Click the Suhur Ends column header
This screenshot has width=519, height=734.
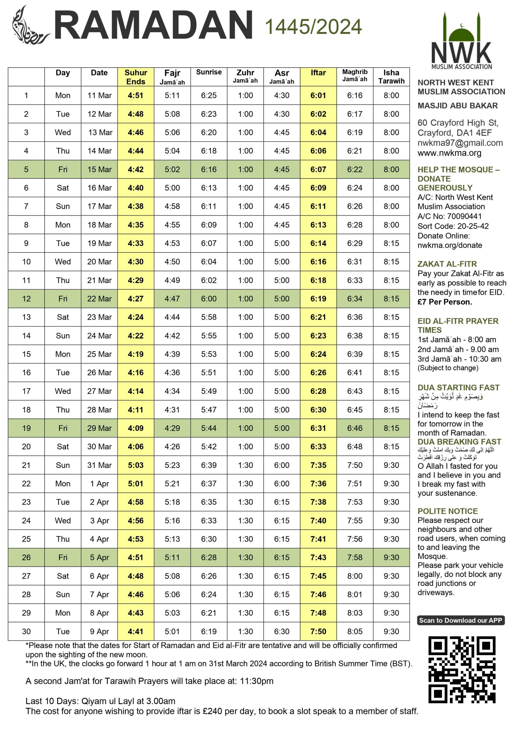[136, 77]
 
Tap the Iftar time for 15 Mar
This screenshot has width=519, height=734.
[318, 169]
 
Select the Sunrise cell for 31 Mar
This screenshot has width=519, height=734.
[209, 465]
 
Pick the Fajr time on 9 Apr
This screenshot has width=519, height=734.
[172, 631]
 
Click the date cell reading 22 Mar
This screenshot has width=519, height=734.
[99, 298]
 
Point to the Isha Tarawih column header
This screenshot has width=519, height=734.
[391, 77]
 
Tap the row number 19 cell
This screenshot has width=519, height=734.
[26, 428]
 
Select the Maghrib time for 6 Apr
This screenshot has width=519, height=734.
[355, 576]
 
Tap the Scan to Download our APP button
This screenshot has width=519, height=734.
[460, 620]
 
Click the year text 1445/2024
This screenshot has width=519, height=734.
[313, 27]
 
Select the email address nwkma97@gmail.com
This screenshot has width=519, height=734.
[460, 143]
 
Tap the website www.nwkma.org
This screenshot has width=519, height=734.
[449, 153]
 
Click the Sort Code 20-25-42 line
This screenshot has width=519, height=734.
[453, 226]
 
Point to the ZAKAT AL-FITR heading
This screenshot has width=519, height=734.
[447, 264]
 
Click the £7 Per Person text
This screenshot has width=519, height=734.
[444, 302]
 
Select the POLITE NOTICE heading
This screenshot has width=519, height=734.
[447, 511]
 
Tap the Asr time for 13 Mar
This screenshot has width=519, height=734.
[281, 132]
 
